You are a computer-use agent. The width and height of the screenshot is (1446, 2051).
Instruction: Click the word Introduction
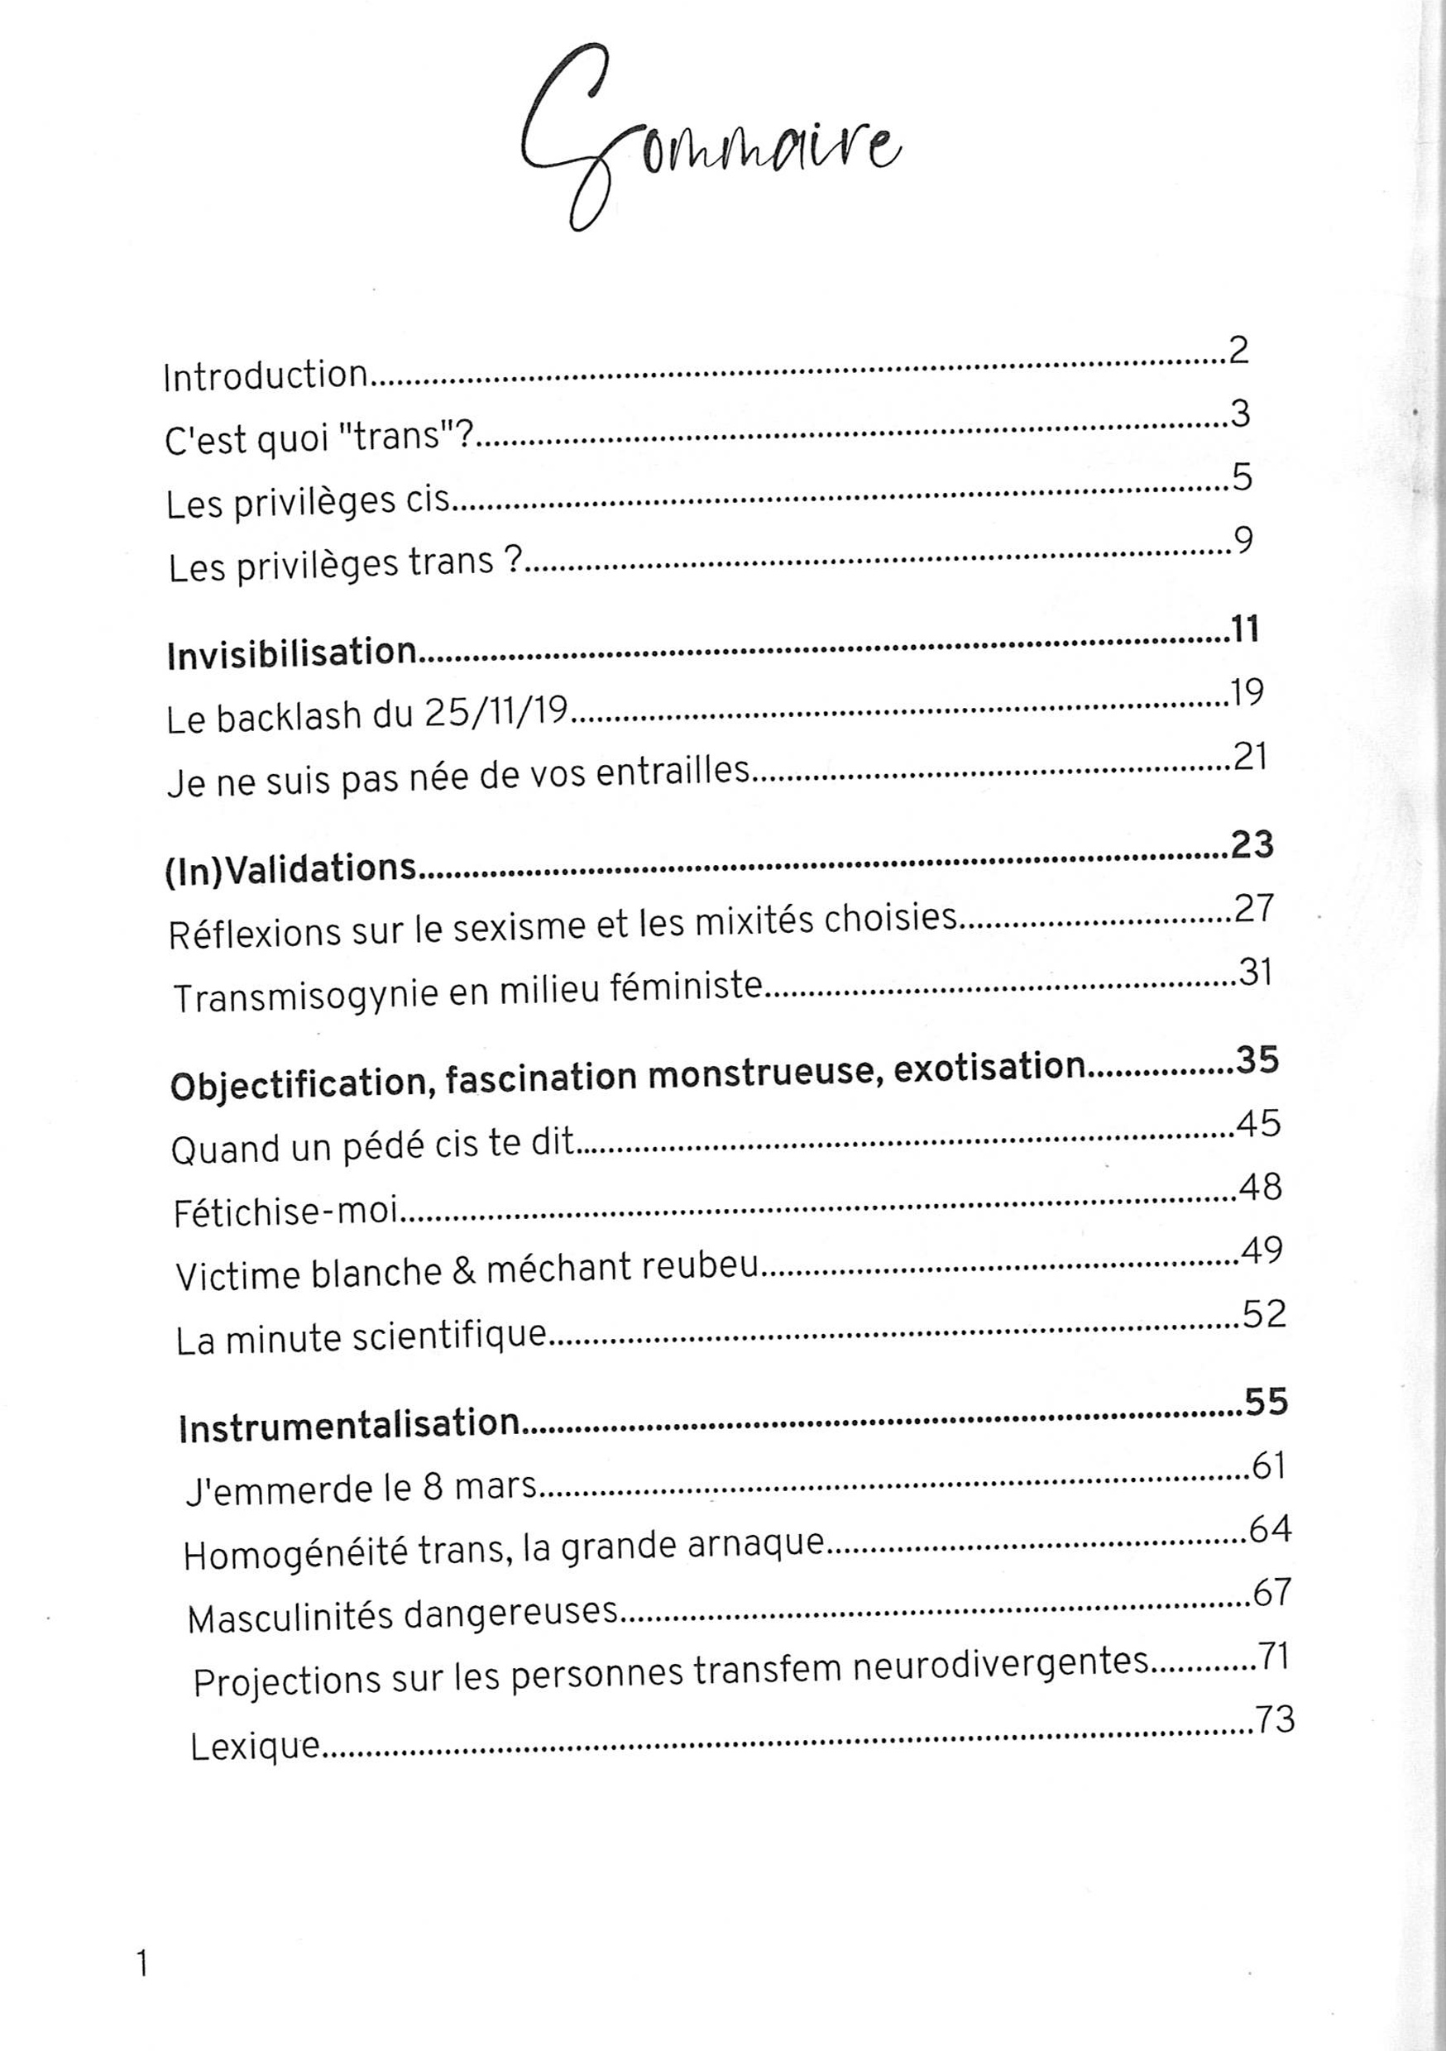266,376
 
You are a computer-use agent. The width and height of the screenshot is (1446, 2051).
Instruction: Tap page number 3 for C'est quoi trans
1238,414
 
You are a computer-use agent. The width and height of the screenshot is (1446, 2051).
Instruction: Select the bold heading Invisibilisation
291,654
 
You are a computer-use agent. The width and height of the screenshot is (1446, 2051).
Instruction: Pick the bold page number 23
1251,844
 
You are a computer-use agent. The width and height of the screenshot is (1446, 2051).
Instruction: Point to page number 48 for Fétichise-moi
1261,1188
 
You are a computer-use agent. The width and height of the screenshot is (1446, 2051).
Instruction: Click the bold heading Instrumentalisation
348,1423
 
